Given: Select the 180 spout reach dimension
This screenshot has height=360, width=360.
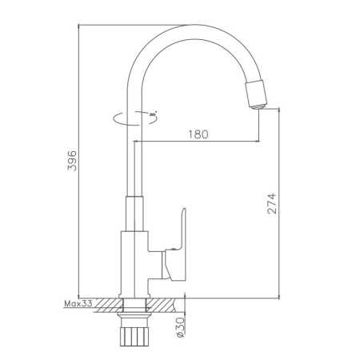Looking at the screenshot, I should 198,134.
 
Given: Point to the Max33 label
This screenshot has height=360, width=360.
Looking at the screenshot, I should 79,304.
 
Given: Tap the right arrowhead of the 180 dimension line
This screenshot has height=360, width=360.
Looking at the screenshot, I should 257,142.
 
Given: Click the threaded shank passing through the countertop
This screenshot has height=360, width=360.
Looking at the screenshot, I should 135,307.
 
